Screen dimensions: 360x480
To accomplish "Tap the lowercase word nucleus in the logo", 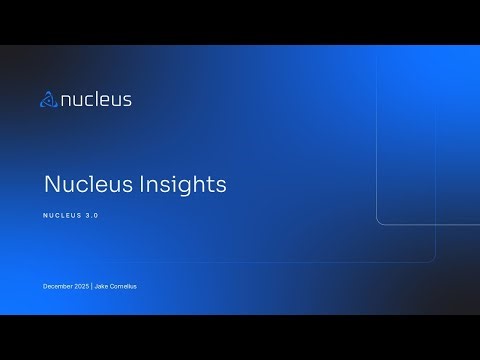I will tap(96, 99).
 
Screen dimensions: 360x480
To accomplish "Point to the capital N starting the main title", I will tap(51, 185).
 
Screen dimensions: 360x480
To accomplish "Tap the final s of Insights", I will tap(221, 186).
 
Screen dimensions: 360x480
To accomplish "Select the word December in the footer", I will tap(57, 287).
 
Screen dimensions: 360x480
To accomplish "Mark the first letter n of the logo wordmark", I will tap(66, 100).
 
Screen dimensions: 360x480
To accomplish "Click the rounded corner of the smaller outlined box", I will tap(381, 219).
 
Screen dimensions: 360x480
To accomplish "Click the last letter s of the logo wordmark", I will tap(127, 100).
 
